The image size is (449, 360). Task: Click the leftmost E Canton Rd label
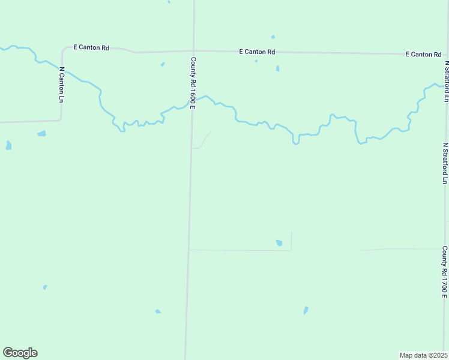(x=91, y=47)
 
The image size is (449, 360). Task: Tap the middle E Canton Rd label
(x=256, y=52)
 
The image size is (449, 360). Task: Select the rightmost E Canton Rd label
(x=423, y=54)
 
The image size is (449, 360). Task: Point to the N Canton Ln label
(x=61, y=84)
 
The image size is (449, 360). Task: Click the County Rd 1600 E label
(x=193, y=83)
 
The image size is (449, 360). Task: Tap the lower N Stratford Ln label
(x=445, y=163)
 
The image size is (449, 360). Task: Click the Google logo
(x=20, y=353)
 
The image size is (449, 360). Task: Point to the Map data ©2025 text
(x=423, y=355)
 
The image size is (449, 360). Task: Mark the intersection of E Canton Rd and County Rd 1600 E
(x=194, y=51)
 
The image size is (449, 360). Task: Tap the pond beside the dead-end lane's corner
(x=279, y=242)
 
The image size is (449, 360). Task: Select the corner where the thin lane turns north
(x=291, y=250)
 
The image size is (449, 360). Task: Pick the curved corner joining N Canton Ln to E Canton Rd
(x=64, y=49)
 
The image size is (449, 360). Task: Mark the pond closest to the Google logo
(x=45, y=287)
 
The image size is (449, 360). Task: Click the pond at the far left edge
(x=8, y=145)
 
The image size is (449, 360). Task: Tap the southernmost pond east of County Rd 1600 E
(x=306, y=310)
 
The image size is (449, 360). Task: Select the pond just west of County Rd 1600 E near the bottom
(x=158, y=311)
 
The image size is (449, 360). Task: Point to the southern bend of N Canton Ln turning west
(x=60, y=119)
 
